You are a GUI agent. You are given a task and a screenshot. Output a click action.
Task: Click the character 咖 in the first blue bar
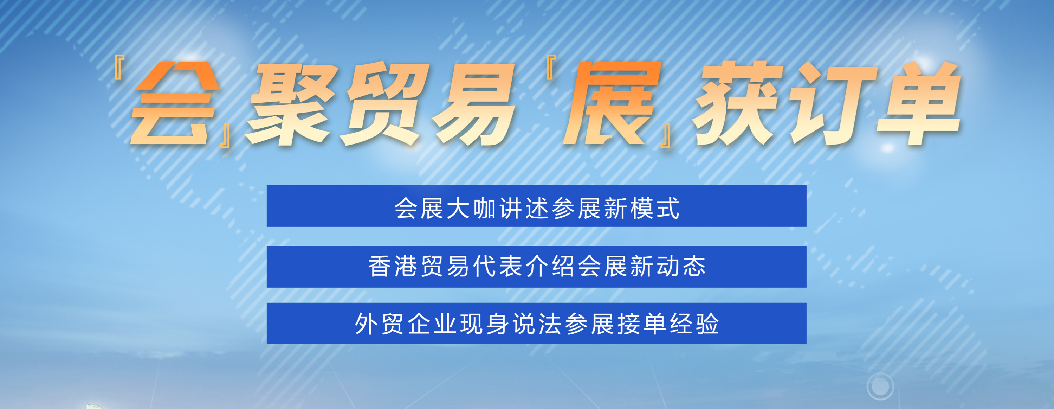(484, 208)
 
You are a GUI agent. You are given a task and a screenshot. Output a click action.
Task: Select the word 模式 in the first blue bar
(655, 208)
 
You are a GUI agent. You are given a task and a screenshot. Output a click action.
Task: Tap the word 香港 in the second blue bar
(393, 266)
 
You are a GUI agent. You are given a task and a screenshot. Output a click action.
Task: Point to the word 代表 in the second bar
(498, 266)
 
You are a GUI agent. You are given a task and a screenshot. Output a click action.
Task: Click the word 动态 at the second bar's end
(681, 266)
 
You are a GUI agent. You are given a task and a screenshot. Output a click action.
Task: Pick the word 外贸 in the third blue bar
(380, 324)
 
